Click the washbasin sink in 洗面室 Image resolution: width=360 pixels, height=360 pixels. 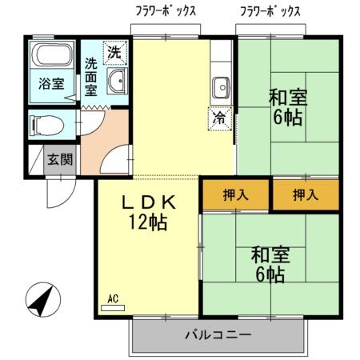click(x=117, y=80)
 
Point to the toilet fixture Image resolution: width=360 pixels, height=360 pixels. click(x=46, y=124)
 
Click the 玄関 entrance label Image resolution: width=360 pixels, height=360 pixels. click(x=58, y=158)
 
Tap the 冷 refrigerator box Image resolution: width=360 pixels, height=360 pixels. click(x=218, y=118)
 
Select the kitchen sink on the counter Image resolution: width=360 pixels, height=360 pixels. click(x=221, y=85)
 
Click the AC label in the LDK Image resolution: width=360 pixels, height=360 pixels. click(x=112, y=299)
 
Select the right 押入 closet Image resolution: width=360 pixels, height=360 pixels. click(x=305, y=194)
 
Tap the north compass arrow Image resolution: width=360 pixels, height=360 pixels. click(x=39, y=302)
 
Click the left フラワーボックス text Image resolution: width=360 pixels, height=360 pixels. click(x=166, y=11)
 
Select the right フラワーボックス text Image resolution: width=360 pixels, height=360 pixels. click(x=270, y=11)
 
